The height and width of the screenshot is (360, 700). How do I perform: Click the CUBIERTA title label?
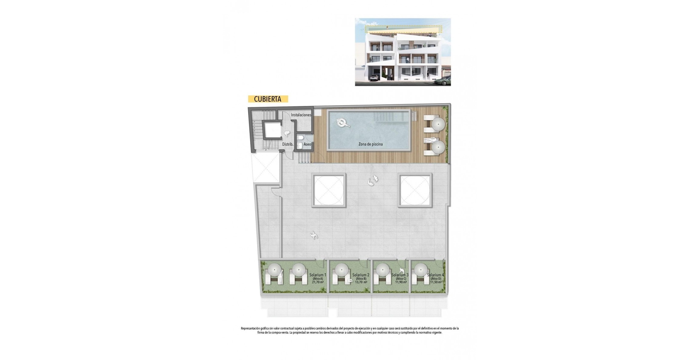268,99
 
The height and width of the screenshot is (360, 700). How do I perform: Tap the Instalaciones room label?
301,115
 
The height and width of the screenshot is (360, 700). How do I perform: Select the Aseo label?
307,144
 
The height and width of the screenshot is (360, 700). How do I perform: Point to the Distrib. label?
288,144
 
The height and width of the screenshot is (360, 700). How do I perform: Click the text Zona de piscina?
370,144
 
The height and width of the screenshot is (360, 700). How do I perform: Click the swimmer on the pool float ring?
343,123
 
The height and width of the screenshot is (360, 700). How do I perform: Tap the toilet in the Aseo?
300,138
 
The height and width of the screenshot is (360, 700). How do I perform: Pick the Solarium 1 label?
318,275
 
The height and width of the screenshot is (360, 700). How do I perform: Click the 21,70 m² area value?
318,282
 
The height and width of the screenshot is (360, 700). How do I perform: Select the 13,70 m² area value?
361,282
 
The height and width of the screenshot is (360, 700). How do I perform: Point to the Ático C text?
401,279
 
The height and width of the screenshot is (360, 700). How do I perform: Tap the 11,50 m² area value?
436,282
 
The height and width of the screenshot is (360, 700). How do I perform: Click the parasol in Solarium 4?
420,269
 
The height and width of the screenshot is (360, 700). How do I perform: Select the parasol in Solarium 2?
341,269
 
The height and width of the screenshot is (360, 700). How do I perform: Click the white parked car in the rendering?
373,78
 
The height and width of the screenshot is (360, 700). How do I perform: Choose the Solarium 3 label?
400,275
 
